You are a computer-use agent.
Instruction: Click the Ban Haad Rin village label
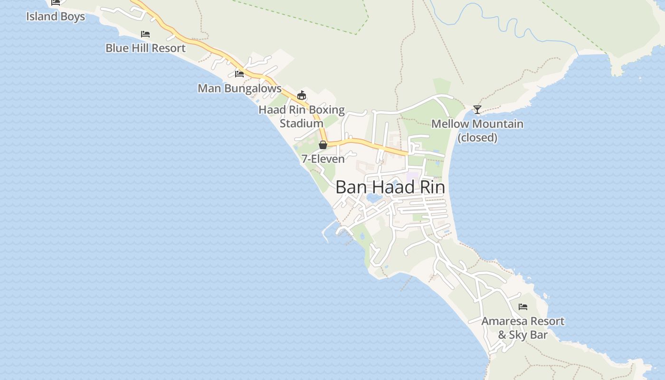(390, 187)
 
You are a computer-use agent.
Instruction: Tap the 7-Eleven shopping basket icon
(323, 144)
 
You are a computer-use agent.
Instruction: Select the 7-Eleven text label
(323, 159)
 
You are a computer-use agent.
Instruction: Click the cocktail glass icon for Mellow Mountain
(477, 110)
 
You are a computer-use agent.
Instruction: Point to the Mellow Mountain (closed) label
(477, 131)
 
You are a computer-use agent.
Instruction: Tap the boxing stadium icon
(301, 95)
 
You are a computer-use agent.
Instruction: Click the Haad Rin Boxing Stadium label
(302, 116)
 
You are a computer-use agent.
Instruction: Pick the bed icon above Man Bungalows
(239, 74)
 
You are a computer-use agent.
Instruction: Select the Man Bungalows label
(239, 88)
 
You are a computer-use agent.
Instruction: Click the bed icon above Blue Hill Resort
(145, 34)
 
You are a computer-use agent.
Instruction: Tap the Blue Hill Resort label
(145, 48)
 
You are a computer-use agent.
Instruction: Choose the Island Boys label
(56, 17)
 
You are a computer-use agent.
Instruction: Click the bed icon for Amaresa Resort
(523, 306)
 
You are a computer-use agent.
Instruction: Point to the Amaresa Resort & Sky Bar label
(523, 328)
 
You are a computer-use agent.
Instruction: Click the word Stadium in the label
(302, 123)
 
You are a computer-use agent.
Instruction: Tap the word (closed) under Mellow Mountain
(477, 138)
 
